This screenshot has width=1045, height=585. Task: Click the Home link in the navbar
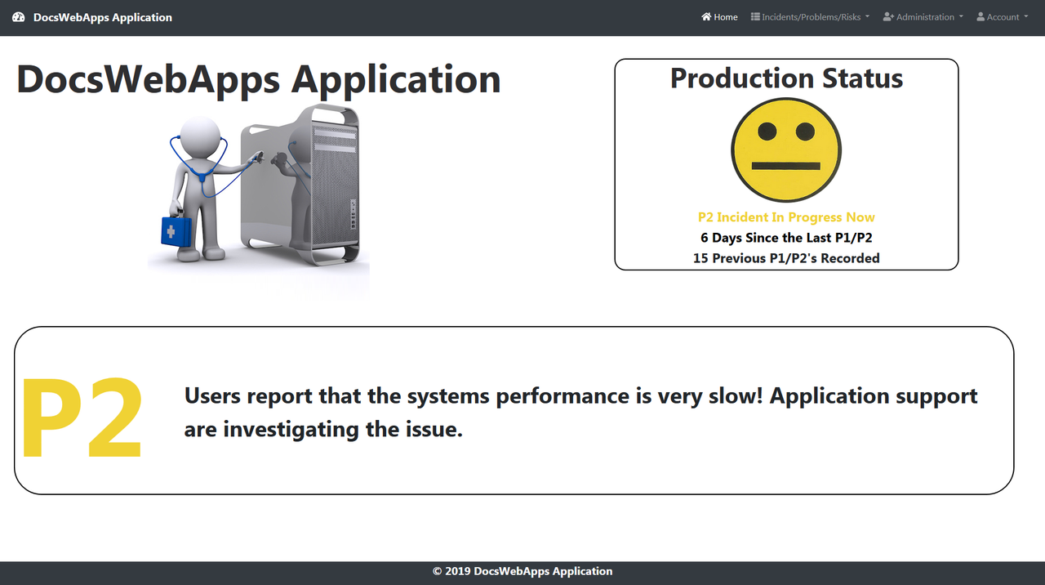pyautogui.click(x=719, y=17)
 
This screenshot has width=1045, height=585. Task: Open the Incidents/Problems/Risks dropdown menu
pyautogui.click(x=810, y=17)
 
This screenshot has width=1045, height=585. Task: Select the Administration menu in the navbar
pyautogui.click(x=923, y=17)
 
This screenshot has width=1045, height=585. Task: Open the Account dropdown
pyautogui.click(x=1002, y=17)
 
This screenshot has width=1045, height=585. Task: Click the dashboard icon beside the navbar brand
pyautogui.click(x=19, y=17)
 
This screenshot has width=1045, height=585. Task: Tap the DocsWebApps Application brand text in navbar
pyautogui.click(x=103, y=17)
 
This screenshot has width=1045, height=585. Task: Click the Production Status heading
pyautogui.click(x=786, y=78)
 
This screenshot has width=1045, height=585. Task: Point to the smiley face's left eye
pyautogui.click(x=767, y=132)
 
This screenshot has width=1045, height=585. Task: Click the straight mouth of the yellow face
pyautogui.click(x=785, y=166)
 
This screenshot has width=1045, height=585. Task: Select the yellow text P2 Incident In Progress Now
pyautogui.click(x=786, y=217)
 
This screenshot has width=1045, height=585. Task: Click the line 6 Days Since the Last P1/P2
pyautogui.click(x=786, y=238)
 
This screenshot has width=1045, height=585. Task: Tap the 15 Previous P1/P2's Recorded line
pyautogui.click(x=786, y=258)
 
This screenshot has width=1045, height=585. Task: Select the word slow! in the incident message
pyautogui.click(x=731, y=396)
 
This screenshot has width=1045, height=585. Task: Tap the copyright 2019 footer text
pyautogui.click(x=522, y=572)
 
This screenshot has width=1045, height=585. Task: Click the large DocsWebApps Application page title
pyautogui.click(x=258, y=79)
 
